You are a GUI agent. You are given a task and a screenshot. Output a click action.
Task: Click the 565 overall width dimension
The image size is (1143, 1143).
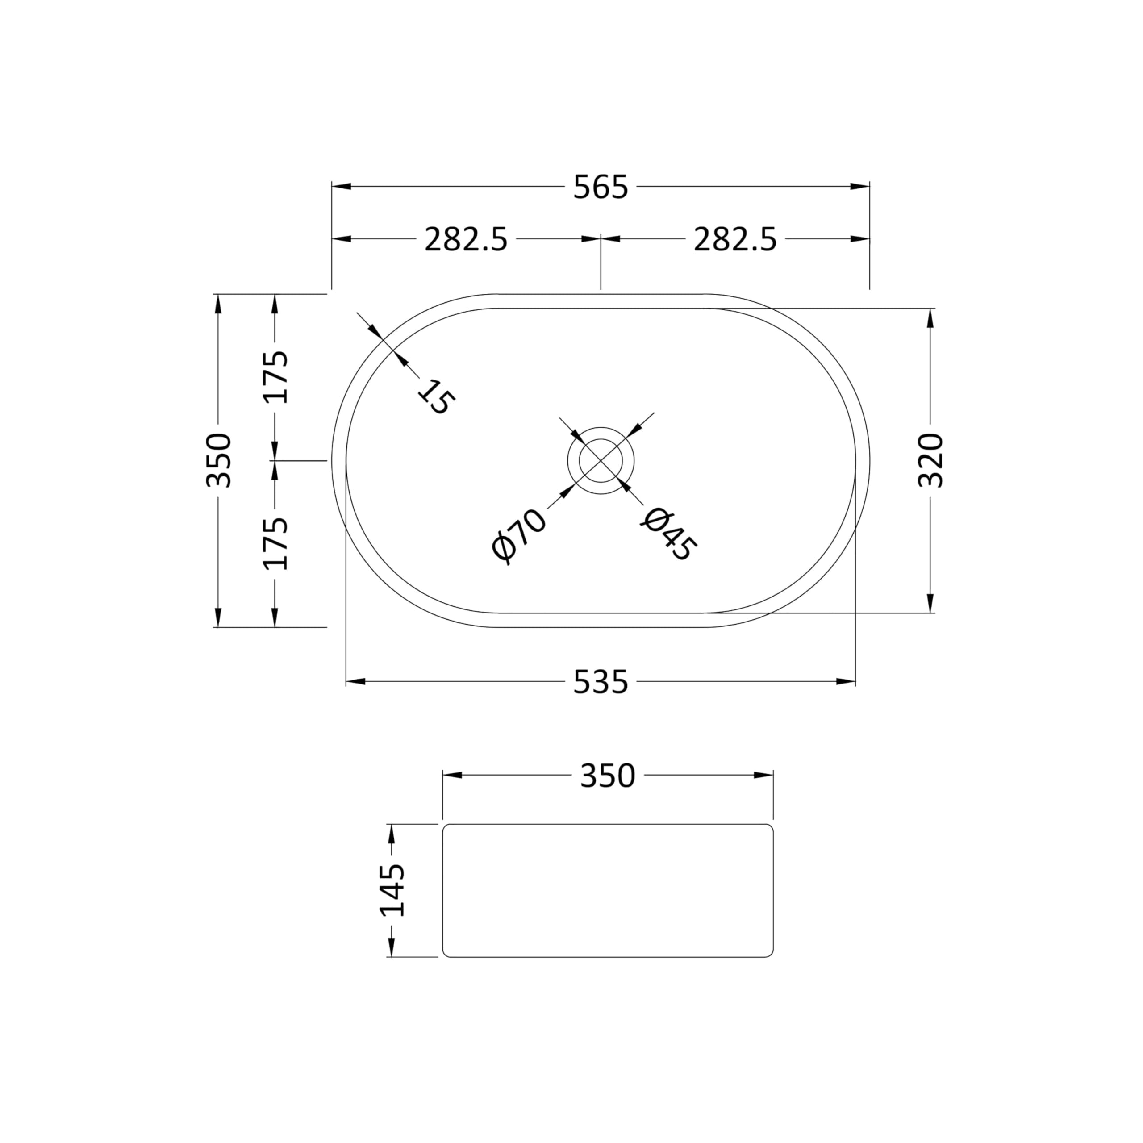pos(600,188)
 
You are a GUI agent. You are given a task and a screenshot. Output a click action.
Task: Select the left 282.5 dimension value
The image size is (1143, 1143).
pos(466,240)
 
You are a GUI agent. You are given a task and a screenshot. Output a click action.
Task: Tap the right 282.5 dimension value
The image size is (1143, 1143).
pos(735,240)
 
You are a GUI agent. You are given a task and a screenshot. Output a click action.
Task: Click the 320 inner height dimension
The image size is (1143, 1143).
pos(930,460)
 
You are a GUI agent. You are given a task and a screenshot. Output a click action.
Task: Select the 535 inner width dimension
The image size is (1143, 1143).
pos(600,683)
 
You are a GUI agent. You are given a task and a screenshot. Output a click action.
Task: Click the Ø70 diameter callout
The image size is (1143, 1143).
pos(519,534)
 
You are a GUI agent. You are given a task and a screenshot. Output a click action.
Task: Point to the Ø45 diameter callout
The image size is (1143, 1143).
pos(668,534)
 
